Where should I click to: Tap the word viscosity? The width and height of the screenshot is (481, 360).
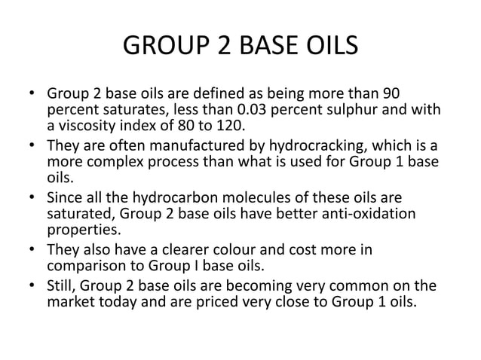click(81, 126)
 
